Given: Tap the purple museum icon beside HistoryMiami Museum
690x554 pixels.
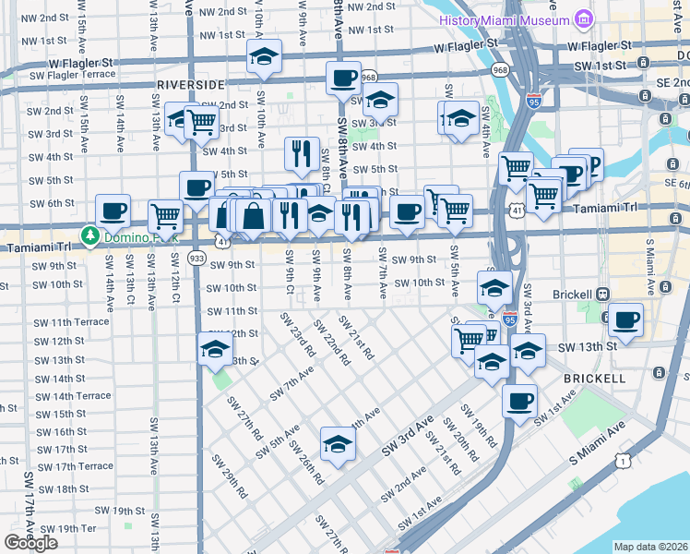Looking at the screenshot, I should [x=582, y=19].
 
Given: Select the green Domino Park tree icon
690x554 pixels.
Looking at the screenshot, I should [x=90, y=236].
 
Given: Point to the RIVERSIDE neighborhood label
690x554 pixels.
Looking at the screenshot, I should [x=191, y=84].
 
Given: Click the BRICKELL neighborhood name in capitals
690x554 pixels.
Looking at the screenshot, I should [x=590, y=379].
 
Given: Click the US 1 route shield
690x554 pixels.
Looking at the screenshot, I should [x=625, y=460].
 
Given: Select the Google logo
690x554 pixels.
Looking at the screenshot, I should [x=30, y=543].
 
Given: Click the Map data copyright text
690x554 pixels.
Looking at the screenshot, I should [x=650, y=547].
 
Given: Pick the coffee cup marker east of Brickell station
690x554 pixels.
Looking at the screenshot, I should [x=625, y=320].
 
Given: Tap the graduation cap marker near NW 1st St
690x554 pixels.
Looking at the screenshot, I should [x=264, y=55].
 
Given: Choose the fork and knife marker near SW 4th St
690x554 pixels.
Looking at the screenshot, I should [x=302, y=153].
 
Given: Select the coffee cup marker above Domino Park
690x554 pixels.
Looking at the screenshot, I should [x=113, y=211].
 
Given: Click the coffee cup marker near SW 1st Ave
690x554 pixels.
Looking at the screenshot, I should [x=520, y=401].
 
